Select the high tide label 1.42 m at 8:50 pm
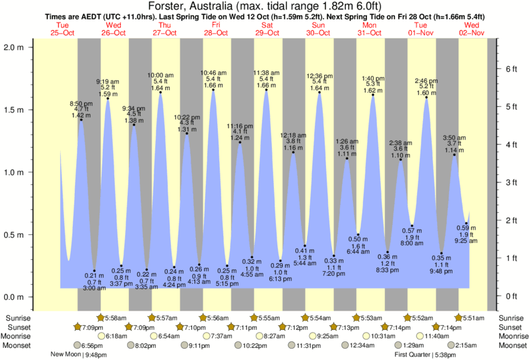tap(81, 110)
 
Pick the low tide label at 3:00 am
tap(94, 282)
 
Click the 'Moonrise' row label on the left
tap(18, 336)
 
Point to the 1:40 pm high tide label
tap(372, 78)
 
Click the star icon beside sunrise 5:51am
tap(460, 318)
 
